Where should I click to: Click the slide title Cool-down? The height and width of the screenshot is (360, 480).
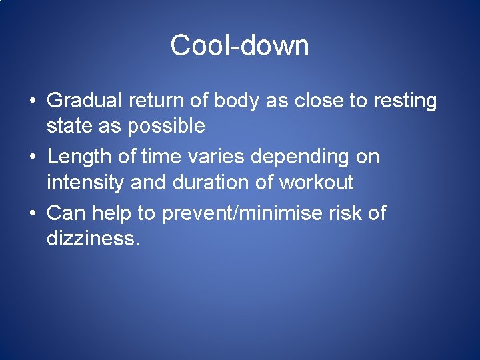pyautogui.click(x=239, y=46)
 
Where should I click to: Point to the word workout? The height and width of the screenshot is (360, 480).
pyautogui.click(x=317, y=181)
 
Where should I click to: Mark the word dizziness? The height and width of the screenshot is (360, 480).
pyautogui.click(x=93, y=237)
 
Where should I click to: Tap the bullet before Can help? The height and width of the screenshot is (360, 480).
pyautogui.click(x=32, y=214)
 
